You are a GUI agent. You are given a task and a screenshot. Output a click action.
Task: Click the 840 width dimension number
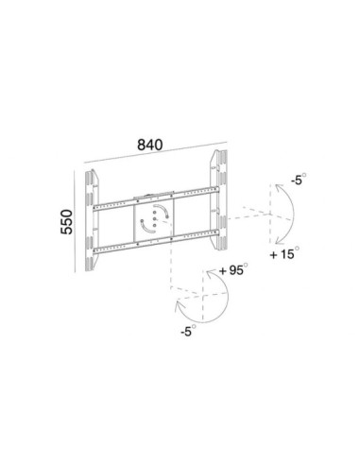click(150, 145)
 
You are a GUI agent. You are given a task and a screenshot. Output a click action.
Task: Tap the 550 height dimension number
click(66, 222)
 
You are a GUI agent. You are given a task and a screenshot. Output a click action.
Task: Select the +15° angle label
click(284, 253)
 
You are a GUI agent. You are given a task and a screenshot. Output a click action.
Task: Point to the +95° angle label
click(233, 270)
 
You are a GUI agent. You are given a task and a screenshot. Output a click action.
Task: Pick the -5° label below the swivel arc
click(188, 331)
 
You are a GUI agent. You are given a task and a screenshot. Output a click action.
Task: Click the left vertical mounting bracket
click(92, 220)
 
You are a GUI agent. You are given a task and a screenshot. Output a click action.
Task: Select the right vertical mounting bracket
click(219, 199)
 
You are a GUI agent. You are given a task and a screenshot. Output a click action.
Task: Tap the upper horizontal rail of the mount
click(156, 198)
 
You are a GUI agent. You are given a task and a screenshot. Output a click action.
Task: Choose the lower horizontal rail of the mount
click(156, 242)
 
